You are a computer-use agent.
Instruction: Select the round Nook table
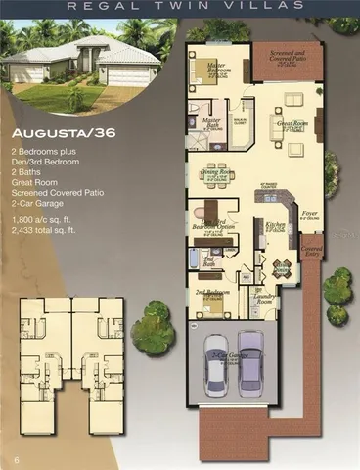pos(282,267)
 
